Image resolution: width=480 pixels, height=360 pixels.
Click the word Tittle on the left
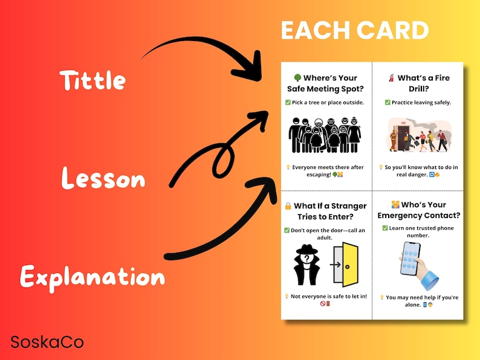92,80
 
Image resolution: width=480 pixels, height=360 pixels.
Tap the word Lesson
103,179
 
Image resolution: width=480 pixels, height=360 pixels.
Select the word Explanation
92,277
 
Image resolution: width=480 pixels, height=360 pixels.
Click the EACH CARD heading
355,30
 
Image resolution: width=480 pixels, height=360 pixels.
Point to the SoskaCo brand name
47,342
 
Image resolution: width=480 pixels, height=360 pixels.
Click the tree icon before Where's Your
297,78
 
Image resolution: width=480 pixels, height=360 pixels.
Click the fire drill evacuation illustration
417,134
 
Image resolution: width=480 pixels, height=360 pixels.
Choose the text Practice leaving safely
421,102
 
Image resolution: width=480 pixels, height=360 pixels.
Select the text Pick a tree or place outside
328,102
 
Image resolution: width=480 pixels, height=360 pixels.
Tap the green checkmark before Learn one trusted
385,228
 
